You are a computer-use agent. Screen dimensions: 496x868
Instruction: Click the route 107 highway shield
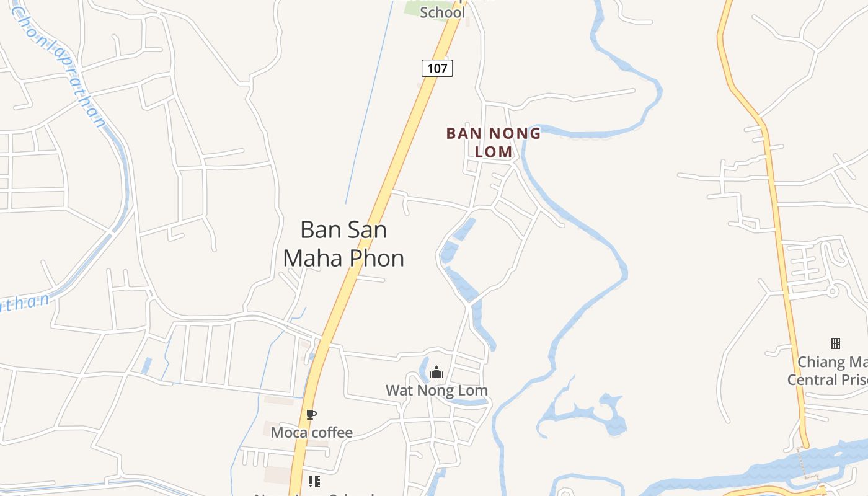coord(437,68)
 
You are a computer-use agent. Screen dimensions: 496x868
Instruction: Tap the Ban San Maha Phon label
coord(343,244)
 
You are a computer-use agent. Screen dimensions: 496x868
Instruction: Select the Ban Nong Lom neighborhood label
coord(494,142)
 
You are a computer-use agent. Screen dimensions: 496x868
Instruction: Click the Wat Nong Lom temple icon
coord(436,372)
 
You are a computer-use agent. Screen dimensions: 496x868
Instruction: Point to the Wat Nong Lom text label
coord(436,391)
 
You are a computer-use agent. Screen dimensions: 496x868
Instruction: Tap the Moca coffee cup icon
coord(311,414)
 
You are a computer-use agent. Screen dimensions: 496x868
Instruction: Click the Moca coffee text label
coord(311,432)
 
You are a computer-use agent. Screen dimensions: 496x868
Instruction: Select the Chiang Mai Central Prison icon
coord(835,343)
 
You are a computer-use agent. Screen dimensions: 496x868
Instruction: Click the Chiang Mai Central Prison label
coord(827,371)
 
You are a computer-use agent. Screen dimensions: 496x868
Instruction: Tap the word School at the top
coord(442,12)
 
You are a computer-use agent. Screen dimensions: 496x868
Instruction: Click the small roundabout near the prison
coord(833,290)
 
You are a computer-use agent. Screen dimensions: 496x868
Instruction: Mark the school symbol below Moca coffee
coord(314,481)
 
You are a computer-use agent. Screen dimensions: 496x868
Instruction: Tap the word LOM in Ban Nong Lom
coord(494,151)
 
